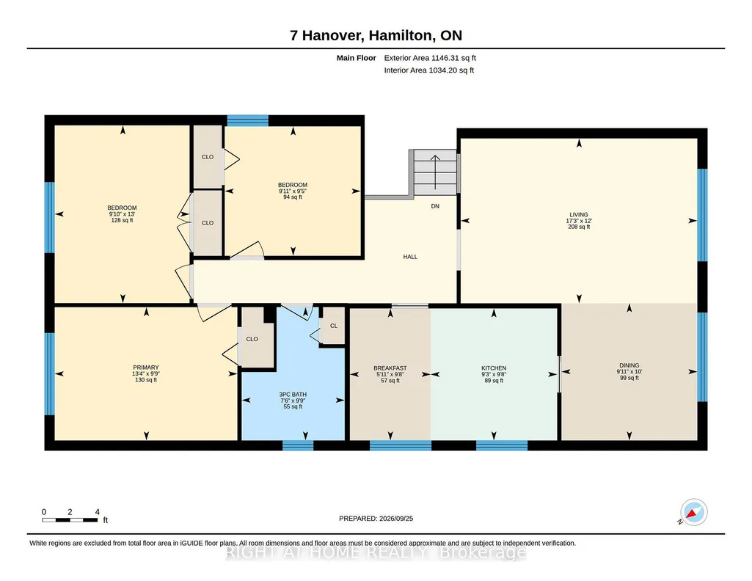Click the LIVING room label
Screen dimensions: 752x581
(579, 215)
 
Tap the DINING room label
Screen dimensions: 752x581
(629, 365)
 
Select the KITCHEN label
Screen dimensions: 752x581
(494, 368)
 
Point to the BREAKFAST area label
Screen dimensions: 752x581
(390, 368)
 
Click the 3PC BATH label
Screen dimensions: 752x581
(293, 395)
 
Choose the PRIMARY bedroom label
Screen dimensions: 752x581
(146, 368)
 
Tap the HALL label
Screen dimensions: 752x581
(410, 257)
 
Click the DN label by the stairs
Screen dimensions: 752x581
(435, 206)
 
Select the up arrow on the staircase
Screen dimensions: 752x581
(435, 172)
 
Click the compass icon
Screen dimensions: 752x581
(693, 513)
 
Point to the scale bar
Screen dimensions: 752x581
(70, 519)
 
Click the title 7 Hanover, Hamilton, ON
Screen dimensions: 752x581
(376, 35)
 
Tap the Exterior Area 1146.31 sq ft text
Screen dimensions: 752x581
(430, 58)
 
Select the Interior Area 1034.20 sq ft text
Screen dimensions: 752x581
(429, 70)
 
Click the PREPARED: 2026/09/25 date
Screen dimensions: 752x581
(376, 518)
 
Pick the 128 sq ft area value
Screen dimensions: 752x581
(123, 221)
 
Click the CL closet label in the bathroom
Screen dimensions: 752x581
(334, 326)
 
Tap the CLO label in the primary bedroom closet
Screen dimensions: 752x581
(252, 339)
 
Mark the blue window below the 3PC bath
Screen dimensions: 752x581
(298, 446)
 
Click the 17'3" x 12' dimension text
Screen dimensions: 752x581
(579, 221)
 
